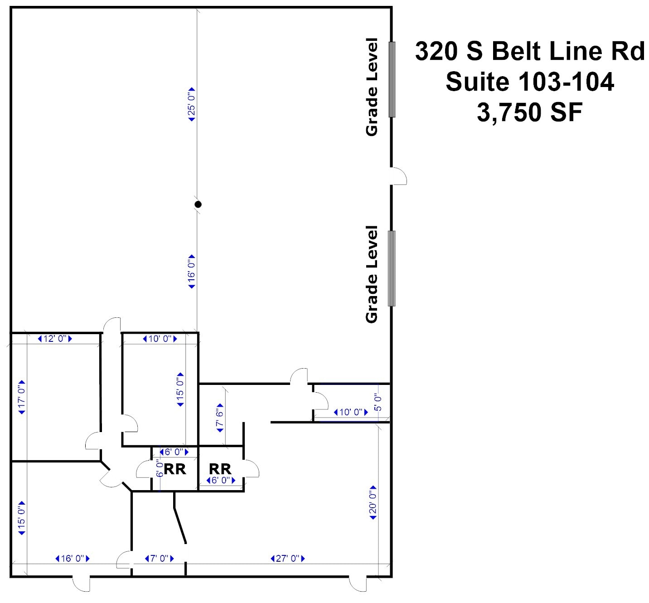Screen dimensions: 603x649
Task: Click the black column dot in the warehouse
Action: (198, 204)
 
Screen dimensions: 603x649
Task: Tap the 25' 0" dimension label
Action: (192, 104)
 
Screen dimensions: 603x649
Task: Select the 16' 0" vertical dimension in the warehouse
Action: (192, 272)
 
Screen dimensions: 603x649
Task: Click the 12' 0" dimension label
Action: (55, 339)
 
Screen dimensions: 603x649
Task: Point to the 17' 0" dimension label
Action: (21, 397)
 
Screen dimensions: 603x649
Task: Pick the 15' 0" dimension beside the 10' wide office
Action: (180, 389)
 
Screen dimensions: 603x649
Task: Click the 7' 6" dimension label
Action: (220, 417)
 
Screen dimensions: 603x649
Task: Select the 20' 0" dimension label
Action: (373, 502)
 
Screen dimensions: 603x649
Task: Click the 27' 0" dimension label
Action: (288, 558)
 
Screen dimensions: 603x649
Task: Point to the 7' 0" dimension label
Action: (159, 558)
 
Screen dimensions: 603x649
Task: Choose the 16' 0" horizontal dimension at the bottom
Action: (73, 558)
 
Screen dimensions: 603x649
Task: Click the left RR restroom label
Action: (175, 469)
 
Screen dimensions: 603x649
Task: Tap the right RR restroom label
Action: (220, 468)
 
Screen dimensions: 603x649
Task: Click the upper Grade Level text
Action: (372, 87)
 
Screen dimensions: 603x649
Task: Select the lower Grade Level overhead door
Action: (392, 268)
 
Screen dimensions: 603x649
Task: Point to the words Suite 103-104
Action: (529, 82)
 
